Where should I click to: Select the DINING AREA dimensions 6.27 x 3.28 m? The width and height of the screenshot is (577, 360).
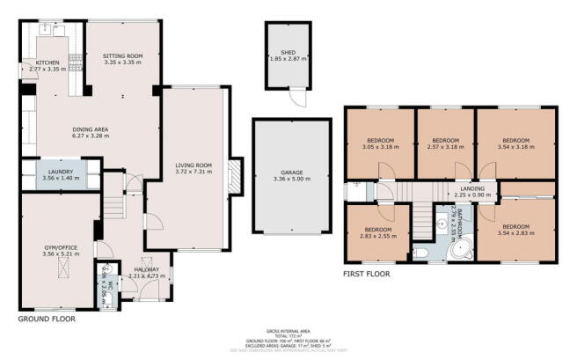click(90, 136)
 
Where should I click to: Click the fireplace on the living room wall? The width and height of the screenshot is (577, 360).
click(235, 175)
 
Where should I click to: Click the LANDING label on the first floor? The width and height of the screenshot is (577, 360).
click(471, 189)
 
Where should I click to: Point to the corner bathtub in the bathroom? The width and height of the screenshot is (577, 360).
click(459, 251)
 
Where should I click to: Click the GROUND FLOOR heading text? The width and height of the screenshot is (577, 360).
click(46, 320)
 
